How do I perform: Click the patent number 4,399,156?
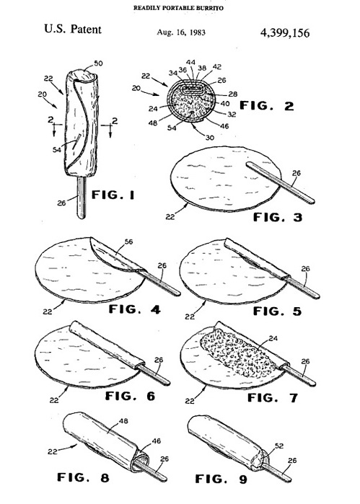[285, 32]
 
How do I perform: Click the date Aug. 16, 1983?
[181, 32]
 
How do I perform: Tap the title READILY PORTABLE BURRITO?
[178, 8]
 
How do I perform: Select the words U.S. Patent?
[73, 30]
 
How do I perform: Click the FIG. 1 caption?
[113, 195]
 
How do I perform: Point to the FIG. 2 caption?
[267, 105]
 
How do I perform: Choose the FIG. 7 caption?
[273, 397]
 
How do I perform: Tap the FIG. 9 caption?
[221, 479]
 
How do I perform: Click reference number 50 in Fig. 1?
[98, 63]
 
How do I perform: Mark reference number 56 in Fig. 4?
[128, 242]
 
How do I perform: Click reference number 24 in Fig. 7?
[273, 338]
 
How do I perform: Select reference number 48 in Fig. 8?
[123, 421]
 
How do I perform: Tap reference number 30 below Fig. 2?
[209, 137]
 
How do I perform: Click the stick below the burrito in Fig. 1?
[82, 198]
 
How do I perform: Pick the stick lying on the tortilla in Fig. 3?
[280, 183]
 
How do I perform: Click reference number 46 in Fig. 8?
[156, 441]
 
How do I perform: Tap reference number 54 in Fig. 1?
[56, 149]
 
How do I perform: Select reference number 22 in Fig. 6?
[54, 400]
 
